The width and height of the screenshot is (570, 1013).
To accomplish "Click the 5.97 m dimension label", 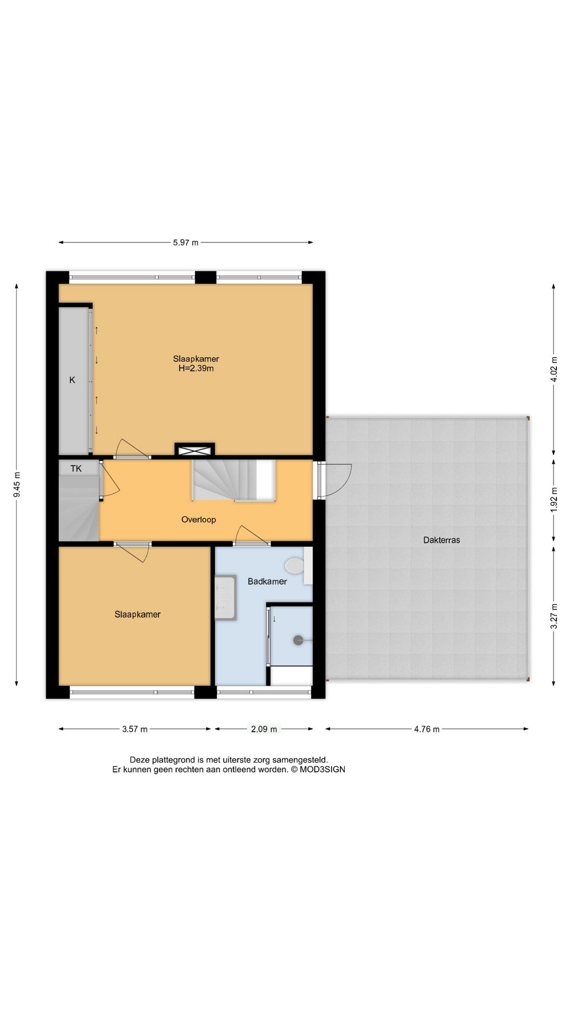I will (186, 243).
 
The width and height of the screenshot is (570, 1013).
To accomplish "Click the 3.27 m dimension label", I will (554, 616).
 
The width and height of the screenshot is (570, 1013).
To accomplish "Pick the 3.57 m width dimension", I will (135, 729).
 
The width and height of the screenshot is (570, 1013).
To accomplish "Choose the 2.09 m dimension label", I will (264, 729).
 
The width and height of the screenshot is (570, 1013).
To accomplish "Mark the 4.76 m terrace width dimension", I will (426, 729).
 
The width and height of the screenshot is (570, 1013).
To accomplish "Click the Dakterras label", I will (441, 540).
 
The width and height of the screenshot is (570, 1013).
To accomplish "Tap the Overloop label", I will (198, 520).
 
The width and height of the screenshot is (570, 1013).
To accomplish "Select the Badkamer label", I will (267, 581).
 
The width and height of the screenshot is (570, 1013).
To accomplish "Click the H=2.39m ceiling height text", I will (196, 369).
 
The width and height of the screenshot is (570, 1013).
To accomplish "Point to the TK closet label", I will (76, 469).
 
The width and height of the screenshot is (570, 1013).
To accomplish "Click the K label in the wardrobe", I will (72, 380).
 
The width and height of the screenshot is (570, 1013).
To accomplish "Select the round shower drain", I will (298, 641).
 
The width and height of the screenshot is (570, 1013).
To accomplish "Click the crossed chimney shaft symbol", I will (195, 451).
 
